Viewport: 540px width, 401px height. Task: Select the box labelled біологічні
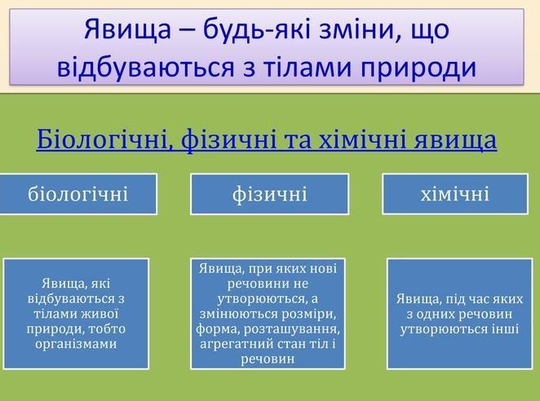[78, 194]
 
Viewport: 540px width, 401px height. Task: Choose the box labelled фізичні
[270, 194]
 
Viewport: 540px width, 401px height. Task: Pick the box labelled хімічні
[455, 194]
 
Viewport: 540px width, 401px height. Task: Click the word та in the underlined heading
[297, 140]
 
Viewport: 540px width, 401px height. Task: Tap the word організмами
[76, 344]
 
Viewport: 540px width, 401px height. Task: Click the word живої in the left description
[100, 314]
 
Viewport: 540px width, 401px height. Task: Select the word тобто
[107, 329]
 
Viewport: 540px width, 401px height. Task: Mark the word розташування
[292, 329]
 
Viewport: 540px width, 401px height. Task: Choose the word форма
[218, 329]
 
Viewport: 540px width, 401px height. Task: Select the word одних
[435, 314]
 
